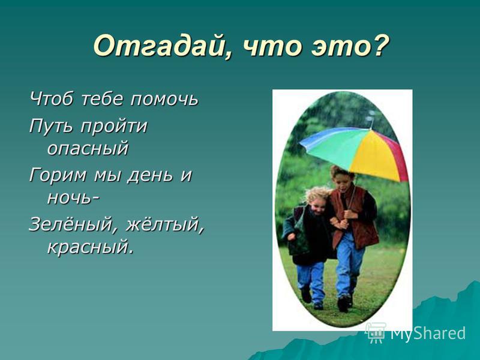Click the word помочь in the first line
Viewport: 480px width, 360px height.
click(x=164, y=99)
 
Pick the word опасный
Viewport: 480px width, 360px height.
click(x=88, y=148)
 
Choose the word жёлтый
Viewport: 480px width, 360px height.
click(x=164, y=224)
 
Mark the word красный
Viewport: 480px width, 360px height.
click(x=91, y=247)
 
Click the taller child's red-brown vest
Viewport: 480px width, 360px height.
click(x=355, y=218)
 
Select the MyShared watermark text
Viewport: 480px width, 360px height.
click(x=428, y=334)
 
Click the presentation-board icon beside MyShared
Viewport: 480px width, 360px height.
click(x=376, y=332)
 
